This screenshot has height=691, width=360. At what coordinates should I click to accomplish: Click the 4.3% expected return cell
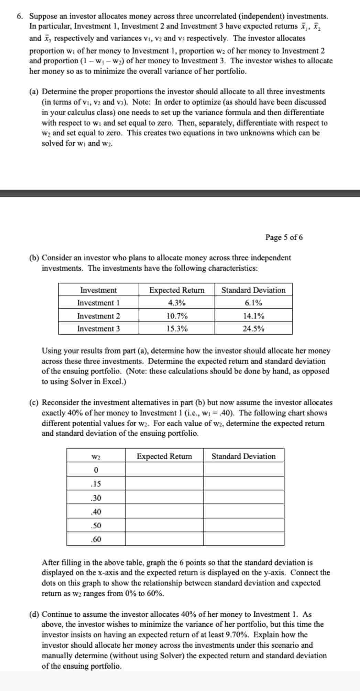tap(177, 303)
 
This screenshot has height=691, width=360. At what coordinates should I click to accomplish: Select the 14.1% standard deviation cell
tap(253, 316)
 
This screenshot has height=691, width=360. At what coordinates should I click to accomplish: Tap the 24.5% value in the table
tap(253, 328)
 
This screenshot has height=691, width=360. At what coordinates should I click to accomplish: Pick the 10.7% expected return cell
tap(177, 316)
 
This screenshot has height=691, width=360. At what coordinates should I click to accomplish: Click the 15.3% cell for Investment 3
tap(177, 328)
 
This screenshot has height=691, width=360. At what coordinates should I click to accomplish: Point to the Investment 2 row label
tap(98, 316)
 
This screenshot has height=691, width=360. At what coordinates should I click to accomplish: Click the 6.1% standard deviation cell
tap(253, 303)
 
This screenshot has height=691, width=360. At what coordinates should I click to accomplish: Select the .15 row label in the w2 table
tap(96, 484)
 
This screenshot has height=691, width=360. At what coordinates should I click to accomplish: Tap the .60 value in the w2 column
tap(96, 539)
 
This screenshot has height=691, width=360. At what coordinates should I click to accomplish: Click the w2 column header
tap(96, 457)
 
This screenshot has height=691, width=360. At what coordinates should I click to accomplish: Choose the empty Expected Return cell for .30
tap(164, 497)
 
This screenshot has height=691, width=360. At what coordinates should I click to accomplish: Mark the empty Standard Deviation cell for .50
tap(243, 525)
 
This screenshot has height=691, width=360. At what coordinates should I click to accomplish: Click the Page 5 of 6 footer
tap(284, 237)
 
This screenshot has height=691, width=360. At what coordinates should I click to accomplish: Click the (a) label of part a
tap(34, 92)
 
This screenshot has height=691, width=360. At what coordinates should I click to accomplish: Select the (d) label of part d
tap(34, 614)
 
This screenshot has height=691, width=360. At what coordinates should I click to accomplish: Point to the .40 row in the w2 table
tap(96, 511)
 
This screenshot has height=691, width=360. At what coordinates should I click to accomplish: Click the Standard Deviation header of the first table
tap(253, 290)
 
